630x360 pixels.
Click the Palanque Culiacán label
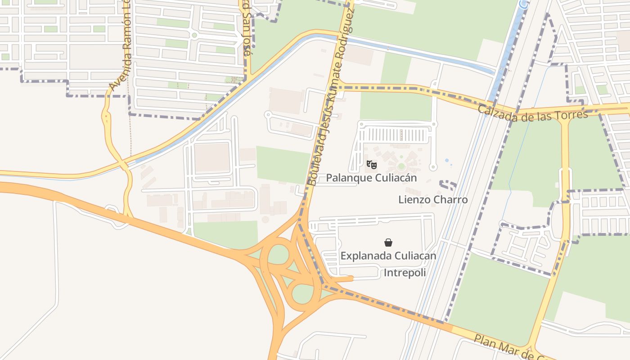click(x=371, y=178)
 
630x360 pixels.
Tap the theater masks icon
click(x=371, y=164)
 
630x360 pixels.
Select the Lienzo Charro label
click(x=433, y=199)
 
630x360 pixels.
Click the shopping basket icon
click(x=388, y=243)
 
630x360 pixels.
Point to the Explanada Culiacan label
click(x=388, y=256)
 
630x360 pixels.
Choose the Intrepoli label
click(x=405, y=273)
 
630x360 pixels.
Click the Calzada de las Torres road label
click(x=533, y=113)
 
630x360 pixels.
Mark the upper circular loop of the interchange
click(x=279, y=254)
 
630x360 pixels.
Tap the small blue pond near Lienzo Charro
click(x=446, y=160)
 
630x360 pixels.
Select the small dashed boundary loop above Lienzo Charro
click(x=448, y=184)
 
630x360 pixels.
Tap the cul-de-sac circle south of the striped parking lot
click(x=433, y=167)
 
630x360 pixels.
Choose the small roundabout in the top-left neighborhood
click(x=194, y=35)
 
